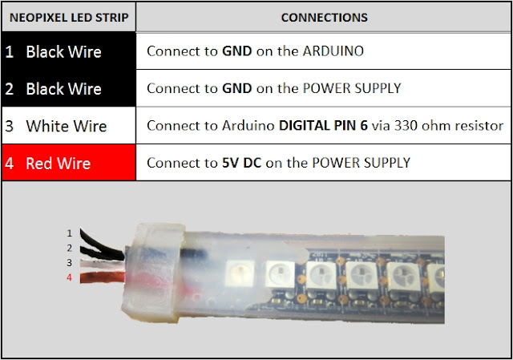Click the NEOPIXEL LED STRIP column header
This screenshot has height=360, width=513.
[68, 17]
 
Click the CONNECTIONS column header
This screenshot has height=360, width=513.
[324, 17]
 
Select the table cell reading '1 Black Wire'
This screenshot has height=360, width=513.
[68, 52]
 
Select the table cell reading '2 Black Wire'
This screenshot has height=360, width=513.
[68, 89]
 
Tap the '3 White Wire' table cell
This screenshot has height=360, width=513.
[68, 126]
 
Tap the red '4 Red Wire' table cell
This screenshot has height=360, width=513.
[68, 163]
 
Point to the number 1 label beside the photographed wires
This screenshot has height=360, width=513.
[70, 233]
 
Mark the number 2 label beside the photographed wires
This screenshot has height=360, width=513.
[70, 248]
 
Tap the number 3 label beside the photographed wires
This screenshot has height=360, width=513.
[70, 262]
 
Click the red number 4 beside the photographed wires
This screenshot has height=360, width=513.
[70, 277]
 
